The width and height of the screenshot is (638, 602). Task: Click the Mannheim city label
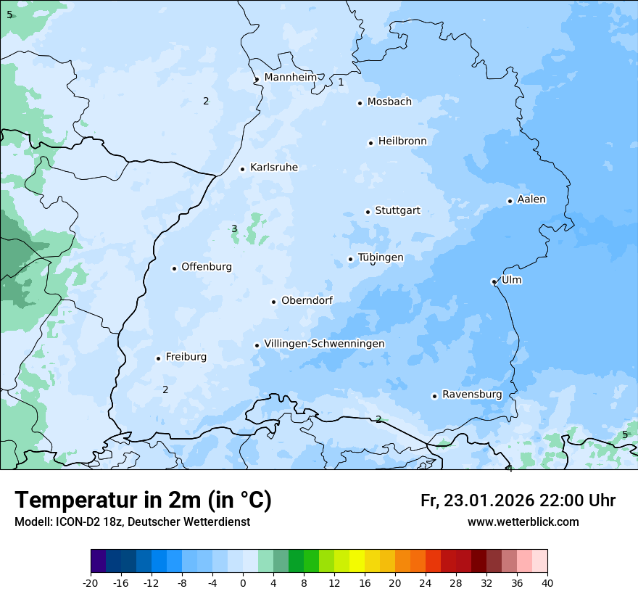pos(290,77)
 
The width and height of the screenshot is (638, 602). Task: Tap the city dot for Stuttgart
pos(368,212)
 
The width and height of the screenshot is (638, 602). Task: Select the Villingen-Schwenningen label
pos(324,344)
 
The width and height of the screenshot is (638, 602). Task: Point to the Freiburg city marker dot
pos(158,358)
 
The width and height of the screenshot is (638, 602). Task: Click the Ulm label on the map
pos(511,280)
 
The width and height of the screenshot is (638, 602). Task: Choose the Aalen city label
pos(531,199)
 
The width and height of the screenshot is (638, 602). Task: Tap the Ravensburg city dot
pos(434,396)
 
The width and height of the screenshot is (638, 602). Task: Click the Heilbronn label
pos(402,141)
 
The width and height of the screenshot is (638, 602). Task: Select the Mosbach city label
pos(389,102)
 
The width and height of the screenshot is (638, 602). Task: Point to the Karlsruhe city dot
pos(243,169)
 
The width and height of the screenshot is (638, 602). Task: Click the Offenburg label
pos(207,267)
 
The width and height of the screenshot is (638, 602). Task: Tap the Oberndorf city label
pos(307,301)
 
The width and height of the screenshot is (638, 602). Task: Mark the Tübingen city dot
pos(350,259)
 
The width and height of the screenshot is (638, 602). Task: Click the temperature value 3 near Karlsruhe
pos(234,229)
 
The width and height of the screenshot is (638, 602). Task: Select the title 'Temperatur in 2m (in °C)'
pos(143,500)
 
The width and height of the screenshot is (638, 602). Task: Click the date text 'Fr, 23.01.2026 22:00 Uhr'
pos(518,500)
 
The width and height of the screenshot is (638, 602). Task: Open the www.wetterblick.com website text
pos(523,522)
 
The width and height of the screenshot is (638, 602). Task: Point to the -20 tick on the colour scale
pos(91,582)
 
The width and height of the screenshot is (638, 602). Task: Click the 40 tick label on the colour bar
pos(547,582)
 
